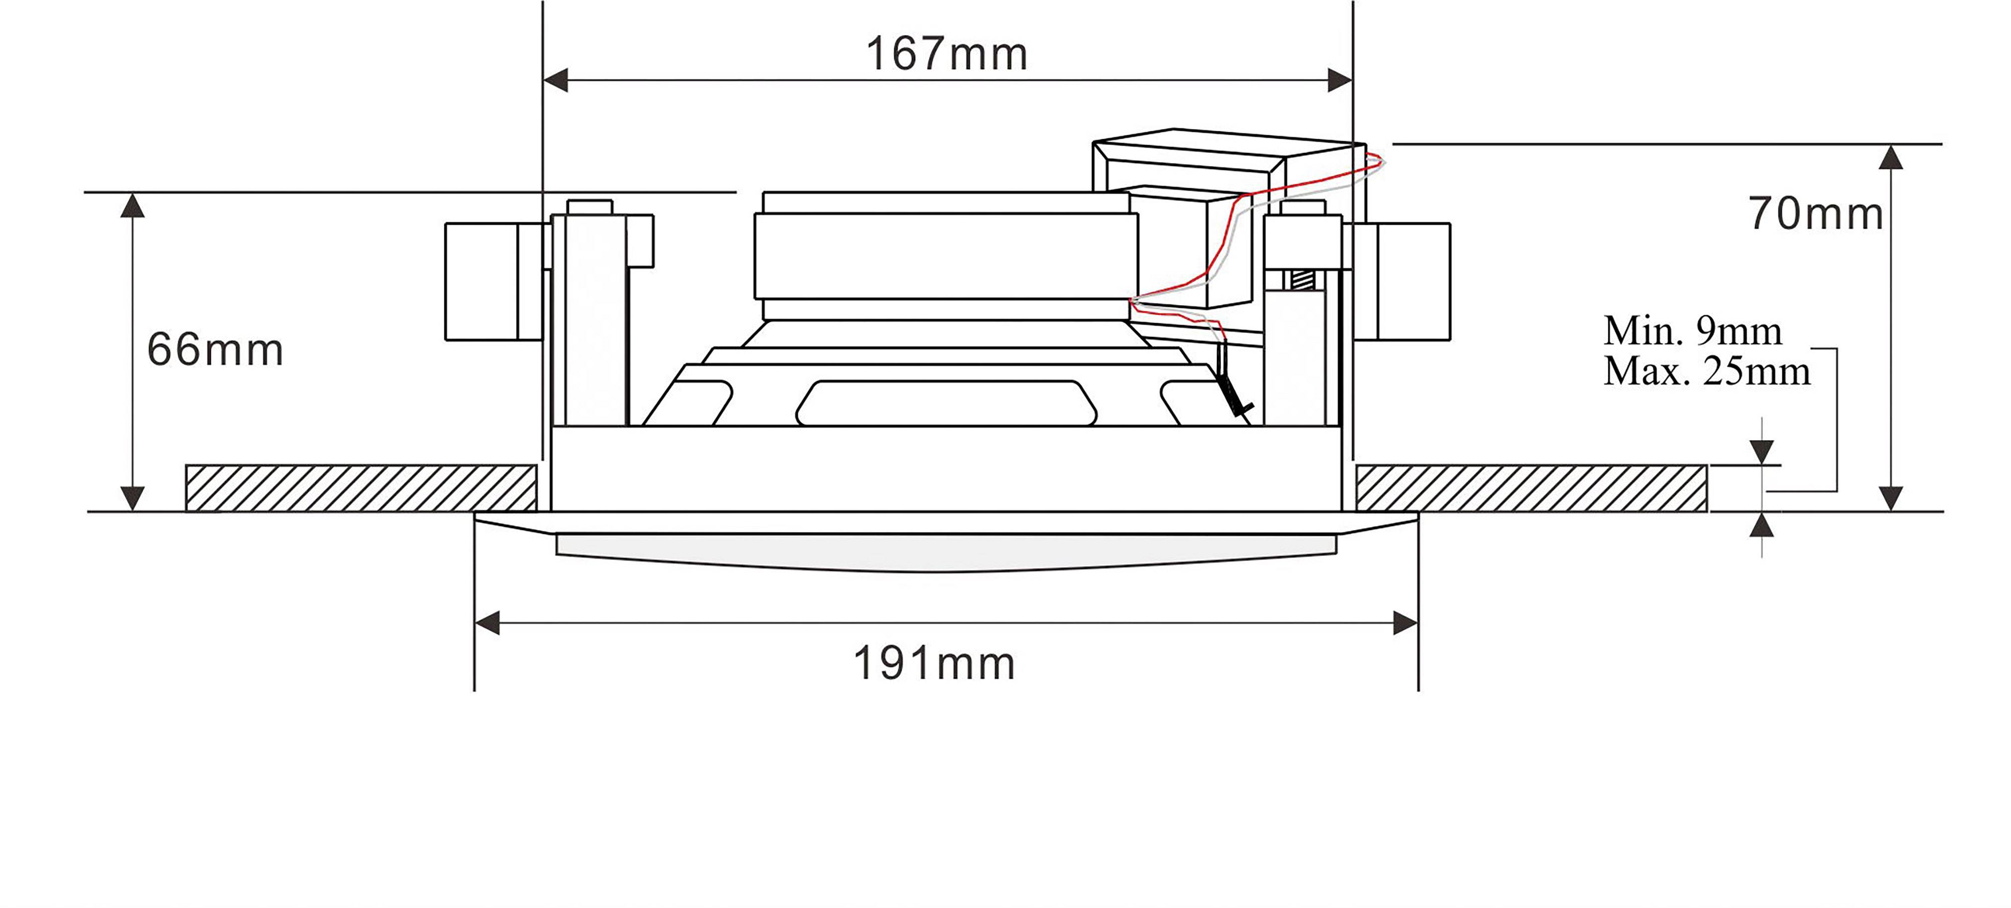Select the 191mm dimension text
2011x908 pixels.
(x=933, y=664)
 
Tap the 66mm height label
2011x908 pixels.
(x=215, y=349)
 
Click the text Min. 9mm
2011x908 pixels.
(x=1692, y=331)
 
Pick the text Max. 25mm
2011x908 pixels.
(x=1706, y=371)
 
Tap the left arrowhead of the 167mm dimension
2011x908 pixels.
(x=556, y=80)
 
